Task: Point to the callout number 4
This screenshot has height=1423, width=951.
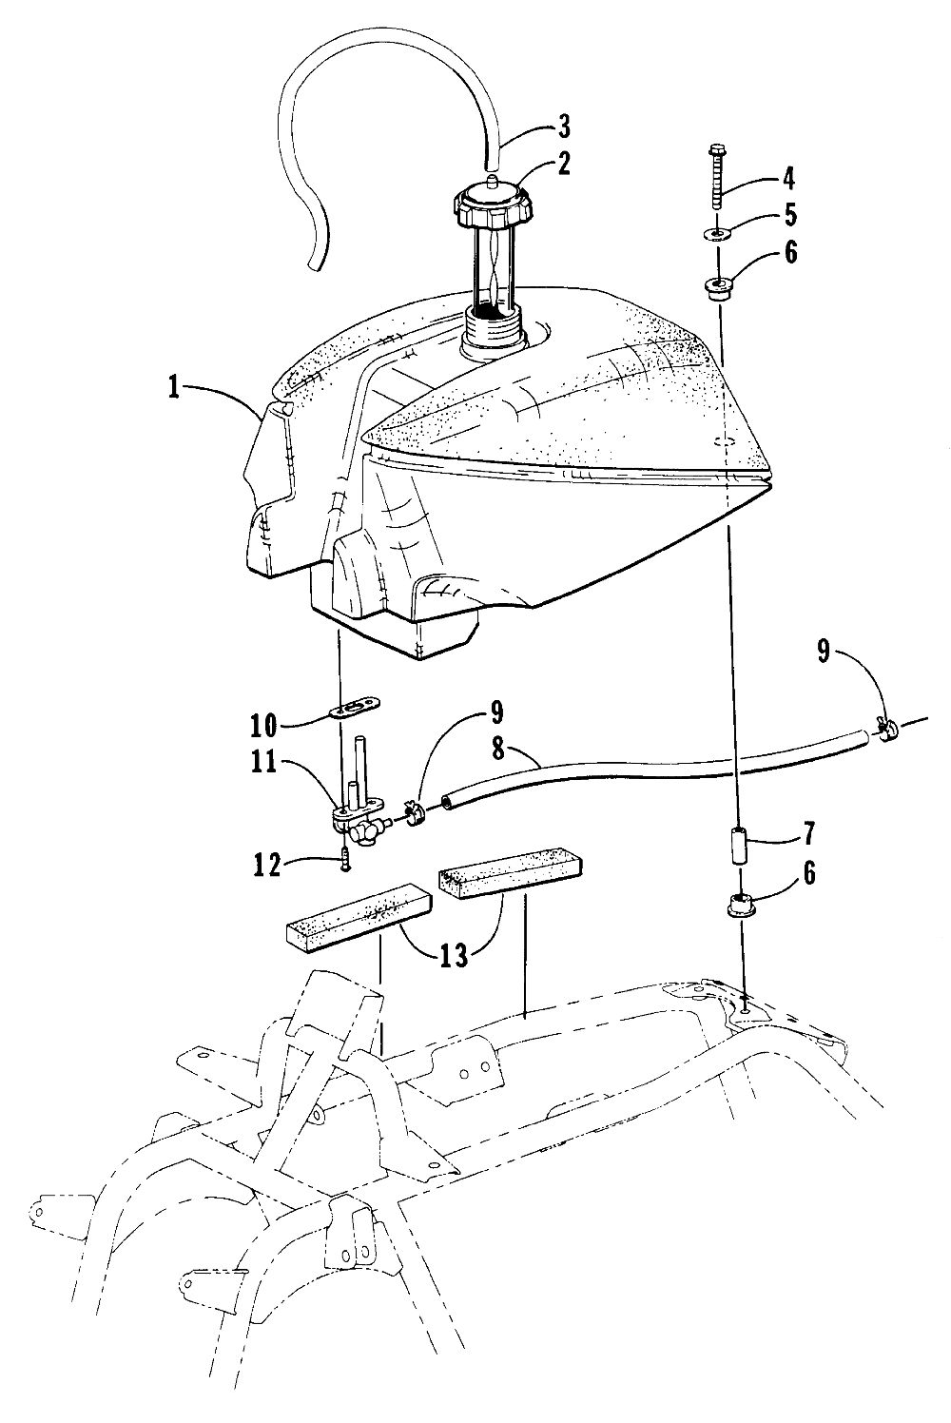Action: pos(788,179)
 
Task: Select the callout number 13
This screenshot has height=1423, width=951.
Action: pos(455,954)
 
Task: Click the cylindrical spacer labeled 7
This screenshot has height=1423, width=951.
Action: pos(737,847)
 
